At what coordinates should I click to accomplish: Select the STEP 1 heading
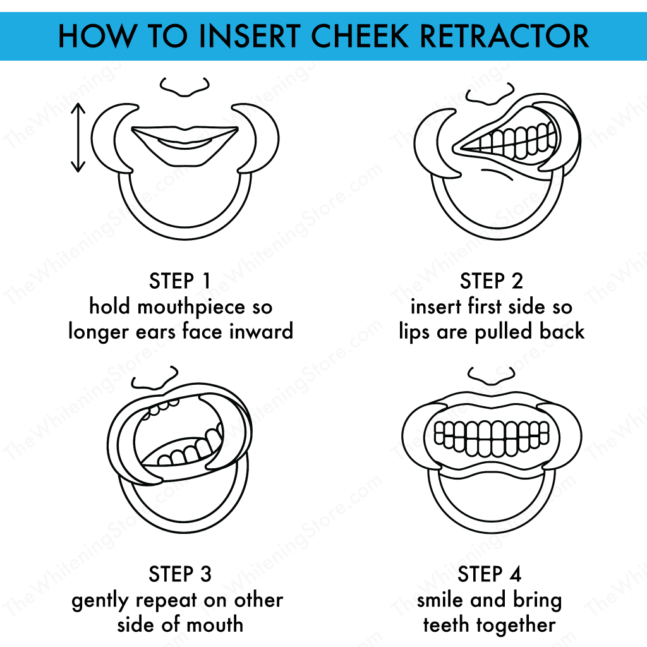coord(180,281)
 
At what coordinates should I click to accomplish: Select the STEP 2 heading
coord(492,281)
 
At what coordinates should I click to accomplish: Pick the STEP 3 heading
coord(180,574)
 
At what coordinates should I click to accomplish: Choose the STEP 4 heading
coord(490,574)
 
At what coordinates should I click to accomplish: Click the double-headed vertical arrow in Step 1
coord(78,138)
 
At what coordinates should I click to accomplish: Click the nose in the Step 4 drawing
coord(491,376)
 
